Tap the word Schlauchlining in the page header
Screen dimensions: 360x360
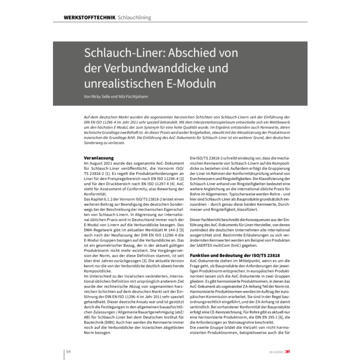135,17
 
